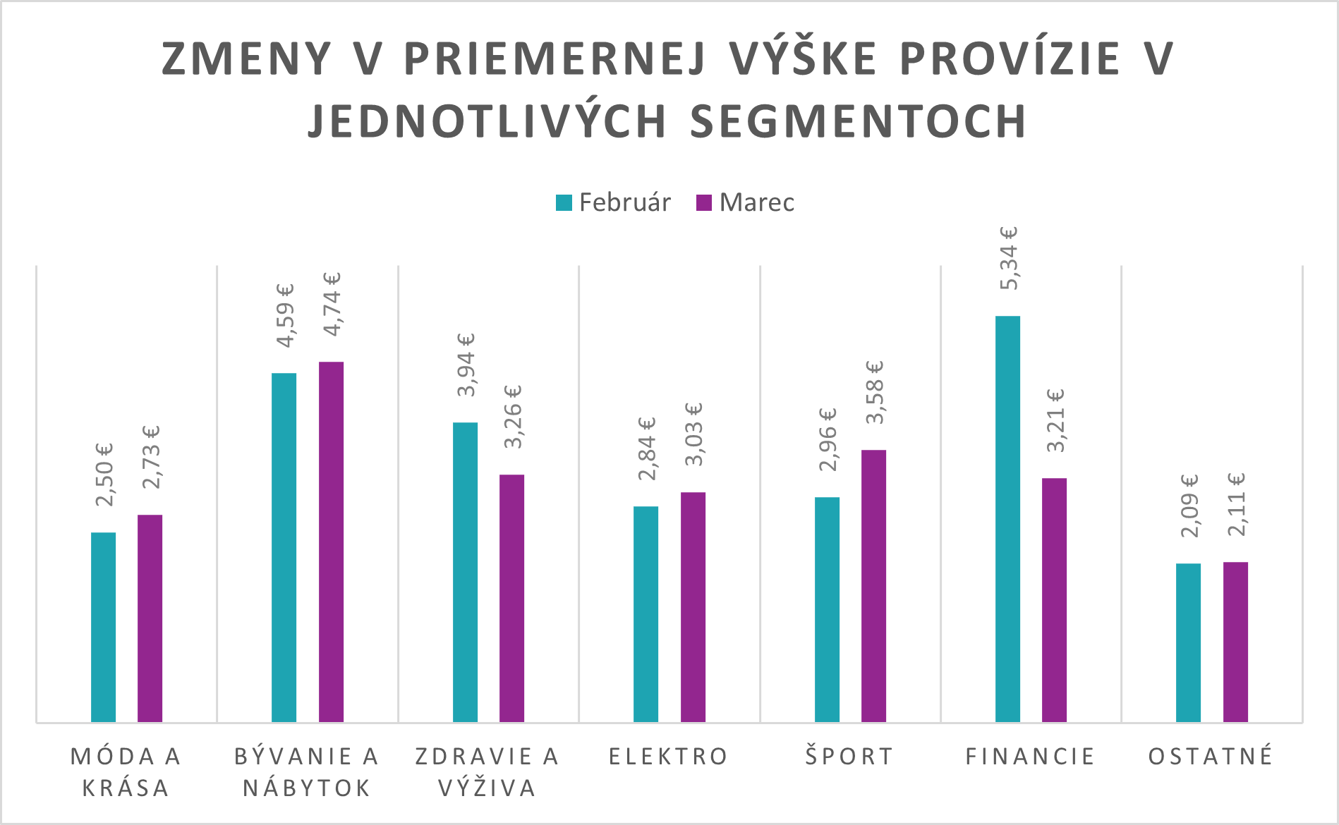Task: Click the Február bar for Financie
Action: click(x=1007, y=519)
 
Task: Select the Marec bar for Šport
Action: click(x=873, y=586)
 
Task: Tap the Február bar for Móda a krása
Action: click(x=103, y=627)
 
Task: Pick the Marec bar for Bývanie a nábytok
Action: click(x=331, y=542)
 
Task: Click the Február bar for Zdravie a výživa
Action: click(x=465, y=572)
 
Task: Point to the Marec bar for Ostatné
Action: click(x=1235, y=642)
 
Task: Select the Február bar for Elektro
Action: click(x=646, y=614)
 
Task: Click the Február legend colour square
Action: click(x=564, y=203)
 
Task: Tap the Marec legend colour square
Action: click(x=704, y=203)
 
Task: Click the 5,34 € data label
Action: click(x=1008, y=258)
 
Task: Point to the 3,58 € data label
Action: click(x=873, y=392)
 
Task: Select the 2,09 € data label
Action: click(x=1189, y=505)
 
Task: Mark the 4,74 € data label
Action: click(x=331, y=303)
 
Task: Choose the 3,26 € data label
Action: click(x=512, y=416)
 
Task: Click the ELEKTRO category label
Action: click(x=668, y=757)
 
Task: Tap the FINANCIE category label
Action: click(x=1030, y=757)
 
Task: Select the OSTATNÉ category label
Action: click(x=1211, y=757)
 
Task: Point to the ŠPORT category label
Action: click(x=849, y=757)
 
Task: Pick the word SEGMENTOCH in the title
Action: click(x=858, y=121)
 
